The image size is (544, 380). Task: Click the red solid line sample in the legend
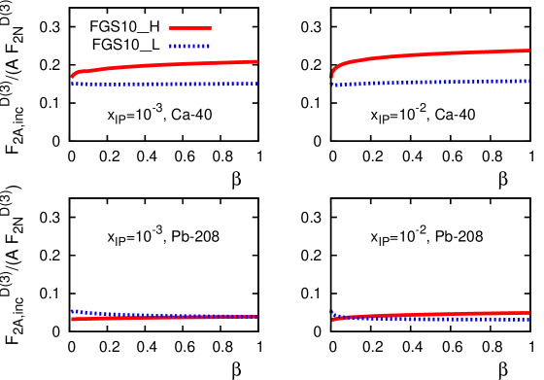point(189,28)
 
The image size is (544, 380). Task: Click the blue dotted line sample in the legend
point(189,46)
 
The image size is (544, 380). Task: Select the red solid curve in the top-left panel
point(165,65)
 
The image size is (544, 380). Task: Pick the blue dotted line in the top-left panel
point(165,84)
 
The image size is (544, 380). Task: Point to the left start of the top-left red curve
point(72,76)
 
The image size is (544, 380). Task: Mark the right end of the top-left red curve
point(256,61)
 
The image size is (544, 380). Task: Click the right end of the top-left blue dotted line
point(256,84)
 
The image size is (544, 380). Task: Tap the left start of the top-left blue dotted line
point(72,84)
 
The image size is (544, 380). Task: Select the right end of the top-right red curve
point(528,51)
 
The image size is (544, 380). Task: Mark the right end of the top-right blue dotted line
point(528,81)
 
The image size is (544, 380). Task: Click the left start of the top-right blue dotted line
point(333,85)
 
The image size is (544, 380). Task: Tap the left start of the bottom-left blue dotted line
point(73,311)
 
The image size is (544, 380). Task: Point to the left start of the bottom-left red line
point(73,319)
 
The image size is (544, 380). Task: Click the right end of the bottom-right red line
point(528,312)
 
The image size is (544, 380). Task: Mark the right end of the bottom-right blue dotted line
point(528,320)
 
